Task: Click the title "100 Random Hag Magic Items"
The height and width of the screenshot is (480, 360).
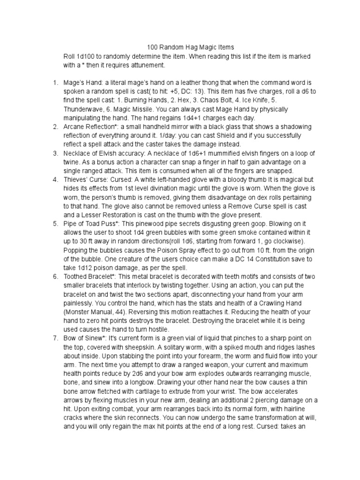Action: click(190, 47)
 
